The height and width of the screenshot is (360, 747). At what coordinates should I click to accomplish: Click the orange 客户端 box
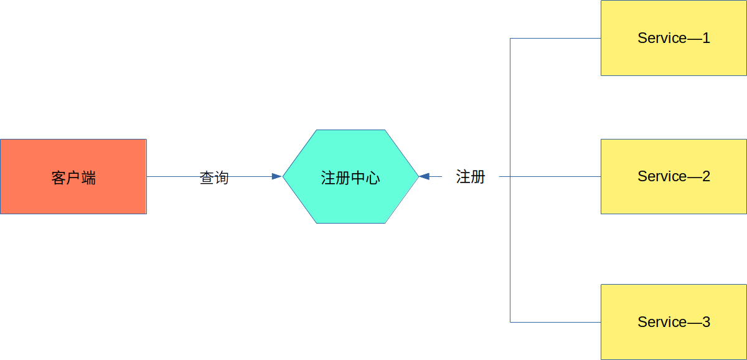click(73, 176)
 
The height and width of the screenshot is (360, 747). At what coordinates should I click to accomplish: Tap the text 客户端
click(73, 178)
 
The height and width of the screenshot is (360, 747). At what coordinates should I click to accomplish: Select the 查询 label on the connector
click(214, 178)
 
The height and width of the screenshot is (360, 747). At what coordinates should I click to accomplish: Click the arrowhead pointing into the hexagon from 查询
click(277, 176)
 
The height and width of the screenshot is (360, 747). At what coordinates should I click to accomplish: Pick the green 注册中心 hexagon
click(350, 176)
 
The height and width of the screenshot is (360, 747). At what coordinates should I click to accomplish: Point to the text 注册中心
click(350, 178)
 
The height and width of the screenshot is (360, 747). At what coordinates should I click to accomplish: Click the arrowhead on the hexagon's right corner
click(424, 176)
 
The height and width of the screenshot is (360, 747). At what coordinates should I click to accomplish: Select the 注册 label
click(471, 176)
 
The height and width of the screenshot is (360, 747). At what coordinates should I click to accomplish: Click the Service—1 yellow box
click(674, 38)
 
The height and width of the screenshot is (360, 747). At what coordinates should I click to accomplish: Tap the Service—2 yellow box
click(674, 176)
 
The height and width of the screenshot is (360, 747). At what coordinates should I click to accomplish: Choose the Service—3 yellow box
click(674, 322)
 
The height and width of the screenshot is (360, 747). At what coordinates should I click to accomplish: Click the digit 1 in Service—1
click(706, 38)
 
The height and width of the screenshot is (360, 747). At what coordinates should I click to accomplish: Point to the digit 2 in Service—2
click(706, 176)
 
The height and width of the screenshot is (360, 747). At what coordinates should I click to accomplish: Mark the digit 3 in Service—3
click(706, 322)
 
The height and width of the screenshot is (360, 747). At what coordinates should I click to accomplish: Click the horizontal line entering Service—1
click(555, 39)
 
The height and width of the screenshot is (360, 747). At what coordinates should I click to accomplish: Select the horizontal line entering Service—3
click(555, 322)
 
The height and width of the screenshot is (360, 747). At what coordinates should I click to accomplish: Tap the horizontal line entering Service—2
click(550, 176)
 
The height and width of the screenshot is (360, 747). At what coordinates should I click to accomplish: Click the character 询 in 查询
click(222, 178)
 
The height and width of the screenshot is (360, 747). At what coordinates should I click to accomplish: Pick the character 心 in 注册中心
click(373, 178)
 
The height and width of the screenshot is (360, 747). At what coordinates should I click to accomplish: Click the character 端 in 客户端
click(88, 178)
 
